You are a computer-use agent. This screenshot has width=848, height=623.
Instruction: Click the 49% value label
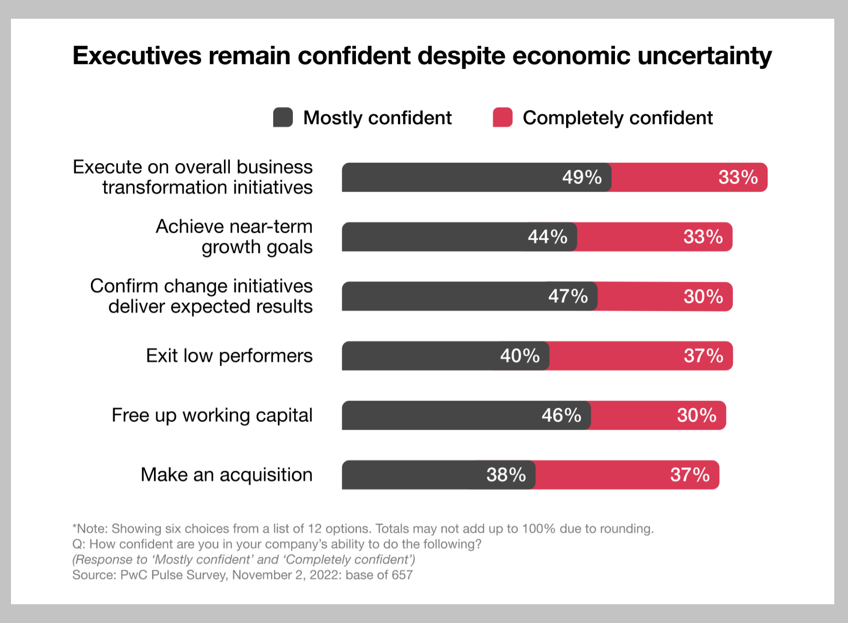(x=582, y=177)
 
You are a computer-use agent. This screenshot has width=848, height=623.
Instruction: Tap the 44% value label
(x=547, y=237)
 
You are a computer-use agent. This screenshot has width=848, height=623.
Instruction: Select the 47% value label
(x=568, y=296)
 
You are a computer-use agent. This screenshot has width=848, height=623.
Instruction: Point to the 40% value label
(x=520, y=356)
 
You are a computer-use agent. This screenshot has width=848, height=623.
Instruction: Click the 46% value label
(x=561, y=415)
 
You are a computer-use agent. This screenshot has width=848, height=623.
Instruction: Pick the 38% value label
(x=506, y=475)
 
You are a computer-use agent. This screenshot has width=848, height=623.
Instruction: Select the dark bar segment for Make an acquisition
(x=411, y=475)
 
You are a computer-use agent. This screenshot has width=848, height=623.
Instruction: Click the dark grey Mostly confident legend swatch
(x=283, y=117)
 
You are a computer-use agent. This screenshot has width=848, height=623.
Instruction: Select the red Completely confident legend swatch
(x=503, y=117)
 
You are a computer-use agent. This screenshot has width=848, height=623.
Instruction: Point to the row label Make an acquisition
(x=226, y=475)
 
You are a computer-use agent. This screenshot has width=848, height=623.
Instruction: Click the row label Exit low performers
(x=229, y=356)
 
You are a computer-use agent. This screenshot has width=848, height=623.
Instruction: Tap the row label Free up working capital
(x=212, y=415)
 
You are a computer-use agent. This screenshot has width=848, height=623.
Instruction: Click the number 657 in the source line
(x=402, y=575)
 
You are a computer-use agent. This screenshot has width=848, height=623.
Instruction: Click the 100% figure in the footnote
(x=539, y=529)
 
